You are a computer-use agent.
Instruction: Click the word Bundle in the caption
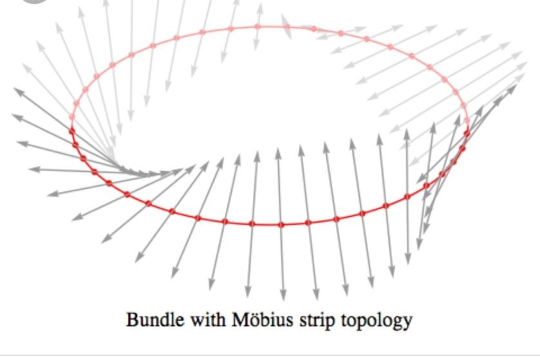pos(155,319)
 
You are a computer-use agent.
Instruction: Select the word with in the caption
pos(209,319)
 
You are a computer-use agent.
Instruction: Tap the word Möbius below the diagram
pos(263,319)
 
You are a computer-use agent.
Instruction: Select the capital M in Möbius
pos(242,319)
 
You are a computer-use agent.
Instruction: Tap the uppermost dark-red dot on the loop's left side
pos(71,131)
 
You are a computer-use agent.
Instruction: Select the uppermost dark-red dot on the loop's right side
pos(467,133)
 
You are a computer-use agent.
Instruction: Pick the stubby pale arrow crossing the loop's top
pos(286,27)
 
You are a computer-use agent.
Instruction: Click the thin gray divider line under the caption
pos(270,355)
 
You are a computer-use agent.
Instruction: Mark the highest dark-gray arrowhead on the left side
pos(19,91)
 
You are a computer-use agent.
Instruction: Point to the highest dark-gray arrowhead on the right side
pos(511,90)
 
